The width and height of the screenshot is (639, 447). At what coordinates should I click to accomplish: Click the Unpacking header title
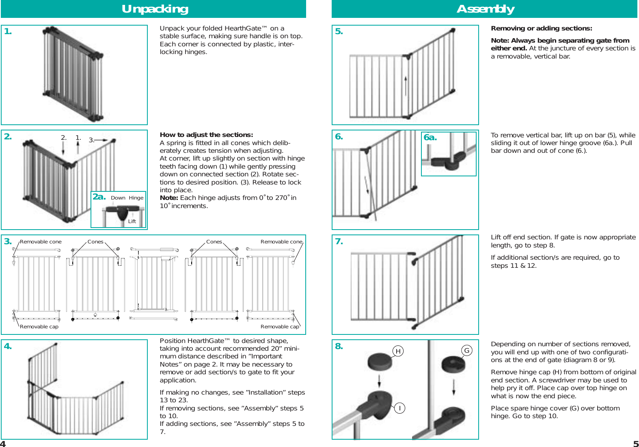(155, 9)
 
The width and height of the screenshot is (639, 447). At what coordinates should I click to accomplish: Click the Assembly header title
(485, 9)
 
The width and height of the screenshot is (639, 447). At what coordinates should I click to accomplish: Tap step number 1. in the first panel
(8, 32)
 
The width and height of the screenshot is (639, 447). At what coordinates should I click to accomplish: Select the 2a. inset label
(99, 197)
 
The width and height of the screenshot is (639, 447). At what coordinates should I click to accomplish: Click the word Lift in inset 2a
(132, 221)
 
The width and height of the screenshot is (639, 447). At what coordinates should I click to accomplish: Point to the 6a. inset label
(430, 138)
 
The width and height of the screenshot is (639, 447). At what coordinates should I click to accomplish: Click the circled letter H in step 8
(398, 351)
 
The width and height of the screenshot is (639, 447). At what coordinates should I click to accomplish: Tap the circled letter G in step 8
(467, 350)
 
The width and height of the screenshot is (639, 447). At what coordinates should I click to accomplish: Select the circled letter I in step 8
(399, 408)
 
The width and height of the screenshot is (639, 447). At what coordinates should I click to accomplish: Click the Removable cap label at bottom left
(39, 327)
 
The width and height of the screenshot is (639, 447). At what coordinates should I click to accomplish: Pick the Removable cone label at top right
(281, 242)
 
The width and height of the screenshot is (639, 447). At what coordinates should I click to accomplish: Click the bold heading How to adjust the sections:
(206, 135)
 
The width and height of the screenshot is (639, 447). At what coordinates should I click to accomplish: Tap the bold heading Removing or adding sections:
(541, 28)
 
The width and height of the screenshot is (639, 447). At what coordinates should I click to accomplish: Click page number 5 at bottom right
(636, 444)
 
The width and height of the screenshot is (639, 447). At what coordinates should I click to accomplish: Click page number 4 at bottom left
(3, 444)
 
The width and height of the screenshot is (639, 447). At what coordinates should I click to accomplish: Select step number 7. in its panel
(339, 241)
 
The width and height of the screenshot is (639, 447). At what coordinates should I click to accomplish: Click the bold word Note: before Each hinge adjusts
(169, 198)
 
